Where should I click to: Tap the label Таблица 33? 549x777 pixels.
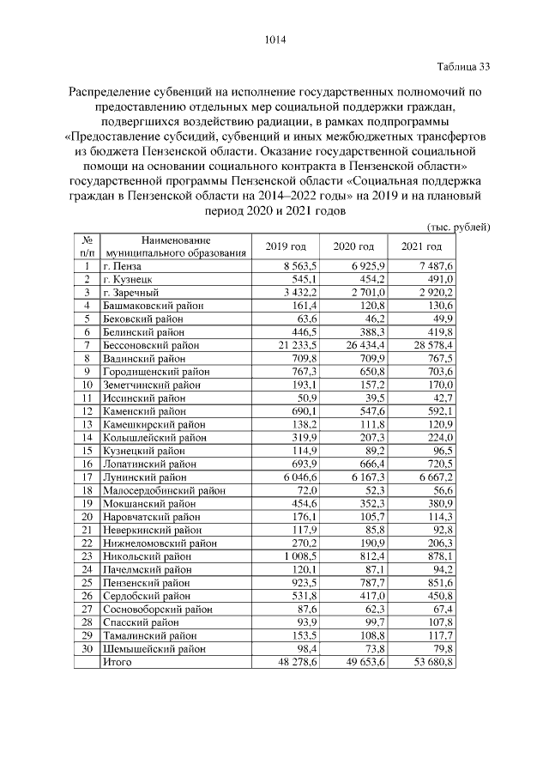[x=462, y=67]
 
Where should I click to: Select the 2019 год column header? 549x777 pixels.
[x=286, y=247]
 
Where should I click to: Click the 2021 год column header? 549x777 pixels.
[x=421, y=247]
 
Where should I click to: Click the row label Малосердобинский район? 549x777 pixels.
[x=162, y=489]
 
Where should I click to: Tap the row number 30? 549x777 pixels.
[x=87, y=649]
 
